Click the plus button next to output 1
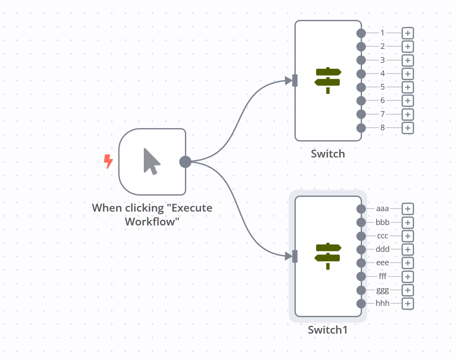(x=407, y=33)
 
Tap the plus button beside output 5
(x=407, y=87)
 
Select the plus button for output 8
(x=407, y=128)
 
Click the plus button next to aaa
(x=407, y=209)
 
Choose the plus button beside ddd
(x=407, y=249)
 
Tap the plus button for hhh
(x=407, y=303)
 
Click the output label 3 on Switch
(x=382, y=60)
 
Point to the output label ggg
(x=382, y=290)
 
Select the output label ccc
(x=382, y=236)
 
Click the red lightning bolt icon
(x=108, y=162)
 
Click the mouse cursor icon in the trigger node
(x=152, y=161)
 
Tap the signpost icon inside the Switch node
(x=328, y=80)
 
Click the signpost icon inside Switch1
(x=328, y=256)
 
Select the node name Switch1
(x=328, y=330)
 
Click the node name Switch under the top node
(x=328, y=154)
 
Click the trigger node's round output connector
(x=185, y=162)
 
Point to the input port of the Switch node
(x=295, y=80)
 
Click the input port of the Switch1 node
(x=295, y=256)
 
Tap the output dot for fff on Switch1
(x=361, y=276)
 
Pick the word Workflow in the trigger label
(x=152, y=221)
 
